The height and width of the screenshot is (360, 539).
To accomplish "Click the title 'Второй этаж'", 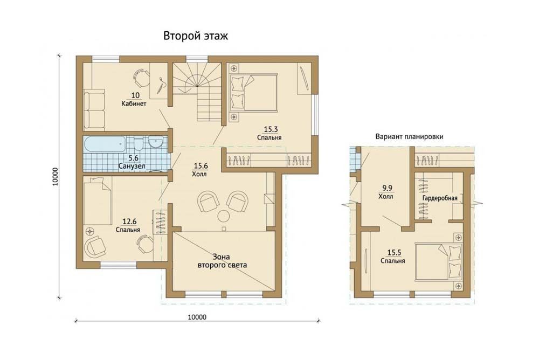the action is [195, 36].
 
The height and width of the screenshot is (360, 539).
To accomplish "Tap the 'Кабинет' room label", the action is [134, 103].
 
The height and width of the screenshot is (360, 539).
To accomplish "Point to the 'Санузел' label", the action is [132, 167].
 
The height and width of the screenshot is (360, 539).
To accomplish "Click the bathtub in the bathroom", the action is [105, 146].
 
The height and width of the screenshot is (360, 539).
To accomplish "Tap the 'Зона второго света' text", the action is [222, 261].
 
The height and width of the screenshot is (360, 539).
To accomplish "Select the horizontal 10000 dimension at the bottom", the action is [197, 317].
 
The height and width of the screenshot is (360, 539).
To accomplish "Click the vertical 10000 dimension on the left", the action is [56, 177].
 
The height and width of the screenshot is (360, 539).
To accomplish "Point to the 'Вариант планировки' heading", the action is [409, 136].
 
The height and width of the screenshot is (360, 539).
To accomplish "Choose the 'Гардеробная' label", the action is [440, 198].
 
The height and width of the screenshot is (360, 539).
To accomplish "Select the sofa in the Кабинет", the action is [94, 109].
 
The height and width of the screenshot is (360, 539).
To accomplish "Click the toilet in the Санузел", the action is [138, 144].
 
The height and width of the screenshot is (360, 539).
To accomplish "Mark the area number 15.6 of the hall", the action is [201, 166].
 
